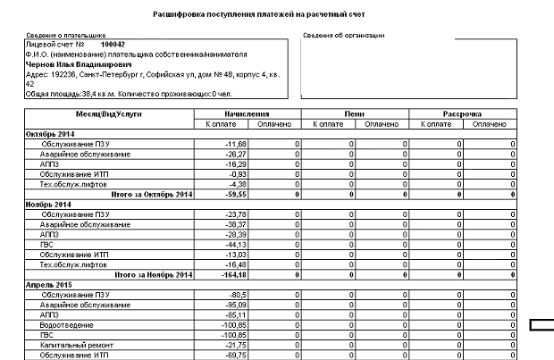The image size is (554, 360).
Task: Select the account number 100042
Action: tap(113, 43)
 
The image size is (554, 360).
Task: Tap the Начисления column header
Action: tap(248, 114)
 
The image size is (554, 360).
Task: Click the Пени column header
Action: tap(355, 114)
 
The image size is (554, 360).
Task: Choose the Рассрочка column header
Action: tap(463, 114)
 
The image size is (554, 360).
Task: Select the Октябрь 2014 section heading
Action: tap(50, 133)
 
